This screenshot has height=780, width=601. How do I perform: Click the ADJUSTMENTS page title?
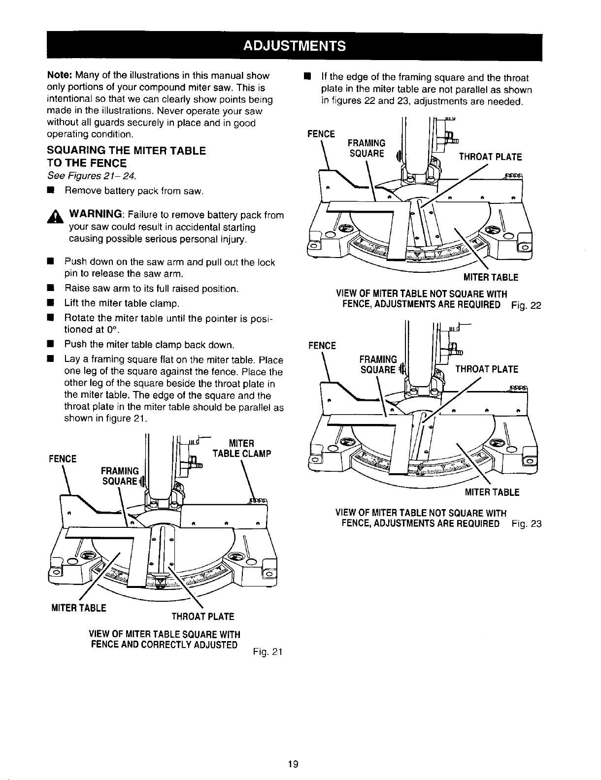tap(294, 46)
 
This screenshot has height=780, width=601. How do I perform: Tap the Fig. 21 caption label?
tap(266, 652)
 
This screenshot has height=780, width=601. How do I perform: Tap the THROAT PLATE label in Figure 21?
tap(202, 617)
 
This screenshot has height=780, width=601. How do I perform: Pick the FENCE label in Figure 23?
tap(321, 346)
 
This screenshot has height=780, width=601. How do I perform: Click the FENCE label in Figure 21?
tap(63, 459)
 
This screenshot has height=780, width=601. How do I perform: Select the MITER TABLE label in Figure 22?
tap(490, 278)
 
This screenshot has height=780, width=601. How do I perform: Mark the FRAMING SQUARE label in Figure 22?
tap(367, 148)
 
